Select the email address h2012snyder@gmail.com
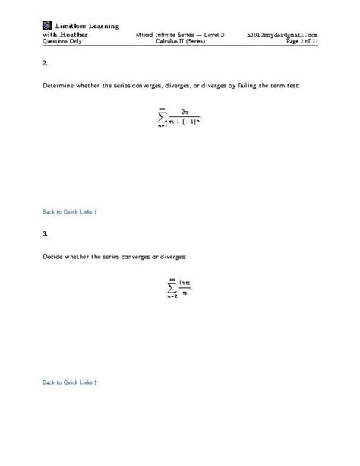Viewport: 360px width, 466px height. click(282, 35)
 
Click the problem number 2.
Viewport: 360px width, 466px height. click(45, 66)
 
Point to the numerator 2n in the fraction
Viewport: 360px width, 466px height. click(185, 112)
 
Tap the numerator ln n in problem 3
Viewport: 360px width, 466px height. click(185, 281)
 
